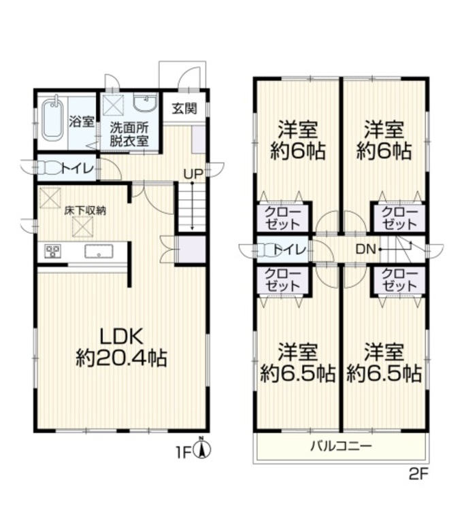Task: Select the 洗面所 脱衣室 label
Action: click(x=130, y=134)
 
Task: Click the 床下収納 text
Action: click(x=85, y=210)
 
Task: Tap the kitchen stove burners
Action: click(x=52, y=252)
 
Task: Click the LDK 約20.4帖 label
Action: click(x=122, y=347)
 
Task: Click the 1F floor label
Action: click(x=183, y=449)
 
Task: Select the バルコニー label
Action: click(x=341, y=447)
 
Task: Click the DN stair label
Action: click(x=364, y=249)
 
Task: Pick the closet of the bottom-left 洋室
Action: click(x=282, y=279)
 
